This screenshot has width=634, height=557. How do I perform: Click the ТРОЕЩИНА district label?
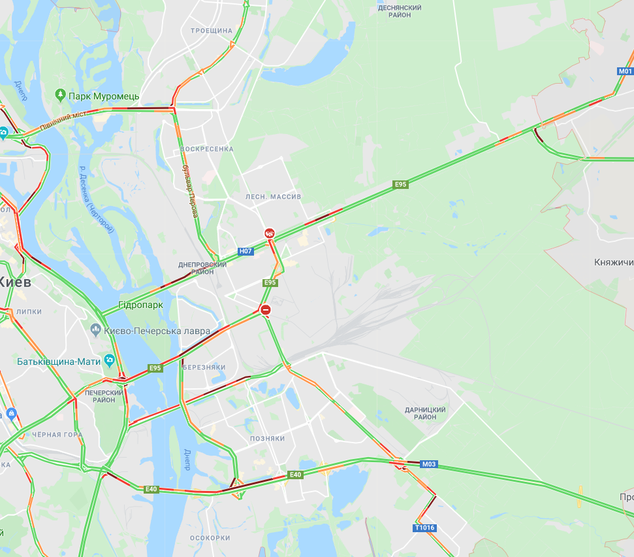pos(212,31)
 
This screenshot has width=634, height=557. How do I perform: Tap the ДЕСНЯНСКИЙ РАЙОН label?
pos(400,11)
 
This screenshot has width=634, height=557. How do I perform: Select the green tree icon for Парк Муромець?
pos(61,95)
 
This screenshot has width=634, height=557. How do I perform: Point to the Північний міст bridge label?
pos(63,122)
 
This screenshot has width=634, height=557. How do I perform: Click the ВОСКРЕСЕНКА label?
pos(206,149)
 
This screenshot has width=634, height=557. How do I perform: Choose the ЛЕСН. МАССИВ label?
pos(273,196)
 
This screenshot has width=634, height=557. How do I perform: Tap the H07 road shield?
pos(246,251)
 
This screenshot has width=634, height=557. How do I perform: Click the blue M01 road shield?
pos(625,71)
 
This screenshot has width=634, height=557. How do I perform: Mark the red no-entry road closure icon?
pos(265,310)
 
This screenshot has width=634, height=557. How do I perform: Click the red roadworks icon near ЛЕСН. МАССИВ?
pos(269,233)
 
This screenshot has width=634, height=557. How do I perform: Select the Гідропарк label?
pos(140,305)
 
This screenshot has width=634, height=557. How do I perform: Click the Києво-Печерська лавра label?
pos(157,331)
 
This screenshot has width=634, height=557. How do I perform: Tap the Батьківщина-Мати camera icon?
pos(109,360)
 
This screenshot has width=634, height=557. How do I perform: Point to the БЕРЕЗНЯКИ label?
pos(204,367)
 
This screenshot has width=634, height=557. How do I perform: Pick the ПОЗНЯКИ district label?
pos(267,439)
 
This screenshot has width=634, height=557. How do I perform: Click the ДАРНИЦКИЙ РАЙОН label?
pos(425,413)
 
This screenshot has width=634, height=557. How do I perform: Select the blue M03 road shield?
pos(428,465)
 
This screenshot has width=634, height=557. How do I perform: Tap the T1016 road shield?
pos(424,528)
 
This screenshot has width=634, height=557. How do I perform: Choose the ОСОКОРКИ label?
pos(210,538)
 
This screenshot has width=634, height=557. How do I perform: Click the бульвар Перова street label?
pos(191,197)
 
